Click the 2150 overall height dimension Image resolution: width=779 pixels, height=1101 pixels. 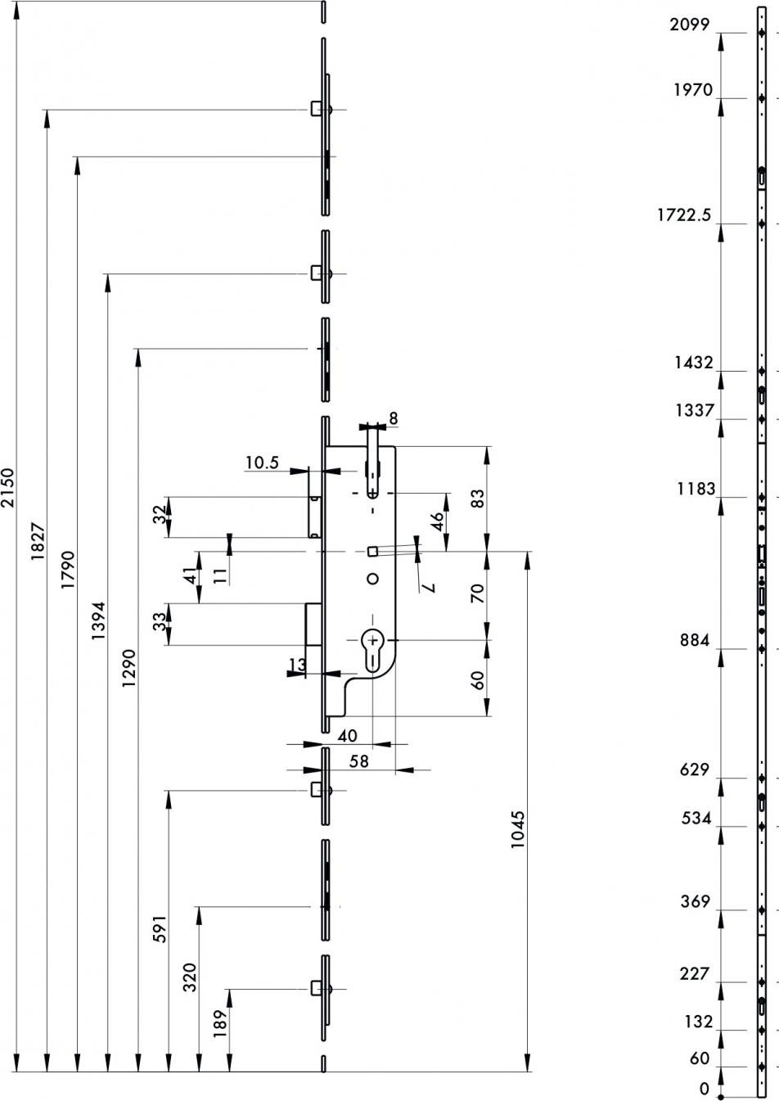[9, 487]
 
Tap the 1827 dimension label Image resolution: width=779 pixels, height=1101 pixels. [38, 541]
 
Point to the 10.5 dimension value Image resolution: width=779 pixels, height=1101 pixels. [262, 463]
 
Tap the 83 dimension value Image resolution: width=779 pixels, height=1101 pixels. [477, 499]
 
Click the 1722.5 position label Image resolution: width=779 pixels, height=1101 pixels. [684, 214]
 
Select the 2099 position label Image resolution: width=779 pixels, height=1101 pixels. [690, 24]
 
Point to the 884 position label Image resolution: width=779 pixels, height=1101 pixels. [695, 640]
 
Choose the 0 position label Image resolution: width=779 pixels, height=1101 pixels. [705, 1088]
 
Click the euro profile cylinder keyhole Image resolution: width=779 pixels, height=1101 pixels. [372, 649]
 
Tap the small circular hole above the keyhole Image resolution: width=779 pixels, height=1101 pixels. [373, 579]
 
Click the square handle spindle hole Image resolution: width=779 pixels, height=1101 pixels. [373, 552]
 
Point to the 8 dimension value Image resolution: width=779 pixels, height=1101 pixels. [394, 418]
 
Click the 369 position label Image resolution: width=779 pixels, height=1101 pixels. [696, 901]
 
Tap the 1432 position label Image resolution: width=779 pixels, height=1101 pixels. [693, 363]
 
